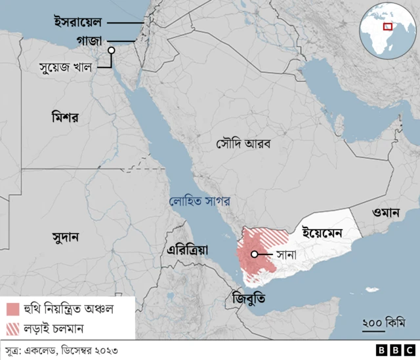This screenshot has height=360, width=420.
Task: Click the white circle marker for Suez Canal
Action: tap(112, 50)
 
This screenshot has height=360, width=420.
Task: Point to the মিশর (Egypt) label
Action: tap(64, 119)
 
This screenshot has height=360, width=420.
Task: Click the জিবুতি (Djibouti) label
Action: tap(249, 299)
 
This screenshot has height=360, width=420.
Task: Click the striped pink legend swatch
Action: tap(14, 327)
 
